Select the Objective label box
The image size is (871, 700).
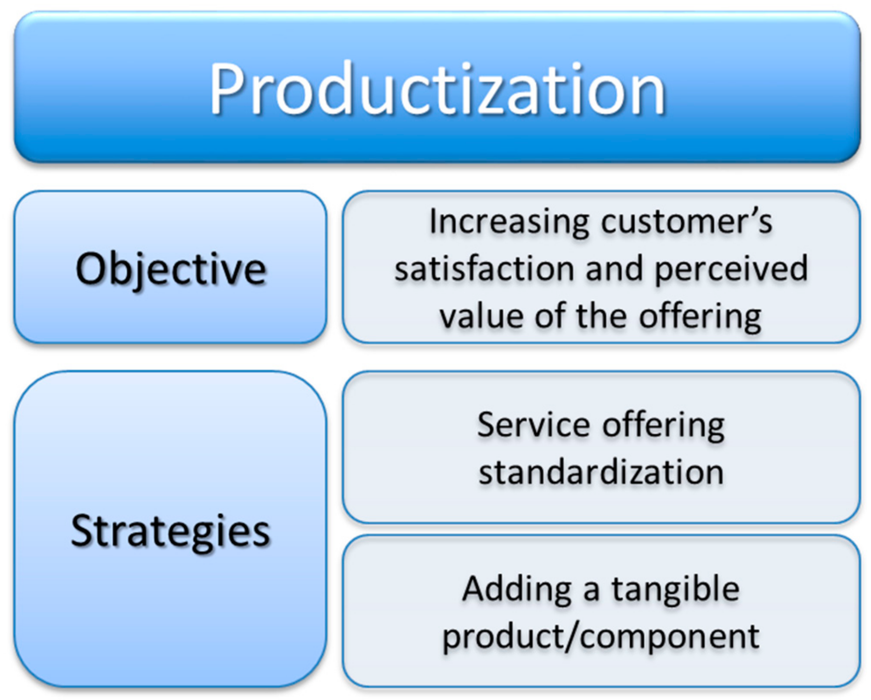[170, 267]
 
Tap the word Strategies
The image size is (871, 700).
[170, 531]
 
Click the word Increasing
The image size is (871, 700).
[509, 222]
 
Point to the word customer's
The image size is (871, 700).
[686, 222]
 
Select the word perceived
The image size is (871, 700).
[730, 270]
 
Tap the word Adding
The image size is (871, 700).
[517, 589]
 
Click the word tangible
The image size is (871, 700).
[675, 589]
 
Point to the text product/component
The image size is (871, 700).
[601, 637]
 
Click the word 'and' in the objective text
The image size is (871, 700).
[614, 269]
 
